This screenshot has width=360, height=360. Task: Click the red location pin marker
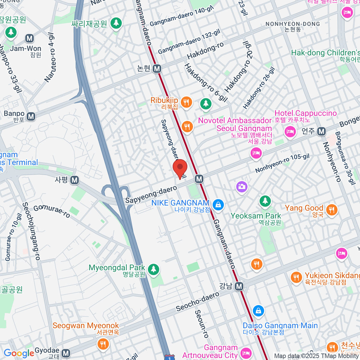click(180, 168)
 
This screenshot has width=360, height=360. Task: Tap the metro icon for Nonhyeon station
click(157, 69)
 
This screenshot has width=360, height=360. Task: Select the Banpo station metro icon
click(31, 116)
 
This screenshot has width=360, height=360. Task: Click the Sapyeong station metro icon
click(74, 180)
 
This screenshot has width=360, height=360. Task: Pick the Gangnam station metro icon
click(239, 286)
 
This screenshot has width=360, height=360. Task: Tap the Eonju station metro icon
click(322, 131)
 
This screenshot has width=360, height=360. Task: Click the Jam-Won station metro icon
click(29, 38)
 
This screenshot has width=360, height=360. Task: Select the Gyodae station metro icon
click(66, 353)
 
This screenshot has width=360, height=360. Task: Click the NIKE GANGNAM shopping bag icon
click(218, 205)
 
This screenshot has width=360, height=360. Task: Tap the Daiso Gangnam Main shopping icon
click(258, 311)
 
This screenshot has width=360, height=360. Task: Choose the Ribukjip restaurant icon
click(186, 102)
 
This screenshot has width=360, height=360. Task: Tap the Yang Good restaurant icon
click(331, 210)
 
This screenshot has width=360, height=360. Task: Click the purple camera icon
click(242, 187)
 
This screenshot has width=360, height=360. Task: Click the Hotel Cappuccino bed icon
click(290, 131)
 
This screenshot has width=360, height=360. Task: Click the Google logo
click(19, 353)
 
